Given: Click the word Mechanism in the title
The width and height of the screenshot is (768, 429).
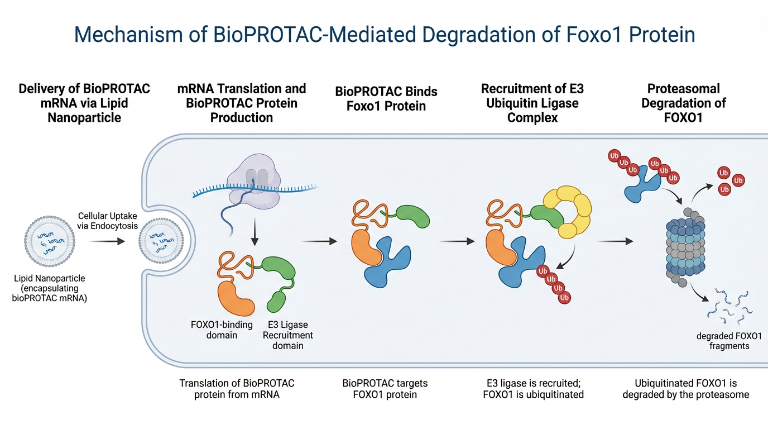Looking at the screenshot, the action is coord(128,35).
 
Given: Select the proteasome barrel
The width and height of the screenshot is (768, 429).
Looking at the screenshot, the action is coord(685,247).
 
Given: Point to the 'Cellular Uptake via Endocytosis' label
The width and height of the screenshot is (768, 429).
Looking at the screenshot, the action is coord(107,221).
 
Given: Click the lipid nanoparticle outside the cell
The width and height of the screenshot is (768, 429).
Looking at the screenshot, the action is coord(50,241).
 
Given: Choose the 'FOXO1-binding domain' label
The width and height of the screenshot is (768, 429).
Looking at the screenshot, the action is coord(222,330).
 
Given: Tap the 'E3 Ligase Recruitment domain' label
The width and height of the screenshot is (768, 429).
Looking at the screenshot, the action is coord(287,335).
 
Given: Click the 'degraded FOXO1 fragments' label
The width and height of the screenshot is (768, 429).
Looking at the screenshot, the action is coord(729,341).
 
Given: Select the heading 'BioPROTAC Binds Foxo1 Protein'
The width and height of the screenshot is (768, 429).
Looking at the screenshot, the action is coord(386,99).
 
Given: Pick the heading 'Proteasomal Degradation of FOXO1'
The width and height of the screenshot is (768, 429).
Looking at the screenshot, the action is coord(683,103).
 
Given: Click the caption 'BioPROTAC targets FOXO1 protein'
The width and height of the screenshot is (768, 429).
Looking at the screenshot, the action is coord(385,389).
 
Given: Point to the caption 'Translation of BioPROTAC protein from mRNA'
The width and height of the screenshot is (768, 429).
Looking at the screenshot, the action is coord(237,389).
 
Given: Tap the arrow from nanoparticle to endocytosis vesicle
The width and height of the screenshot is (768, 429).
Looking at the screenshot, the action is coord(107,241).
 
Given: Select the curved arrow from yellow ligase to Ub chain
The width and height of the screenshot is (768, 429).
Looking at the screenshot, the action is coord(568,258).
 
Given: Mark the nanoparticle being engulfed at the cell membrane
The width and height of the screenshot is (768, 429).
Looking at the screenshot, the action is coord(161,241).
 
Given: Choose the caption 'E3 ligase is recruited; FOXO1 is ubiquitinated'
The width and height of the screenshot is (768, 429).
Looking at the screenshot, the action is coord(533,389).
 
